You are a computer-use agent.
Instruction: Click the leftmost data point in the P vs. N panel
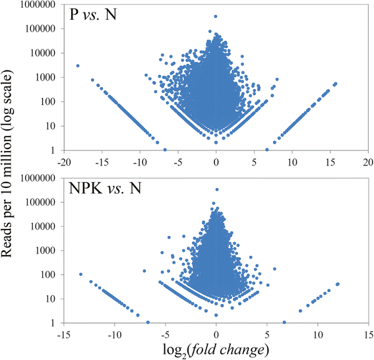point(78,66)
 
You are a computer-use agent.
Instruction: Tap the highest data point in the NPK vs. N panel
point(216,189)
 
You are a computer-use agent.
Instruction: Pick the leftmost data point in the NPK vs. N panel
point(80,274)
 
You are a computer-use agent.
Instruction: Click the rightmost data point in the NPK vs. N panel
point(338,284)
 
